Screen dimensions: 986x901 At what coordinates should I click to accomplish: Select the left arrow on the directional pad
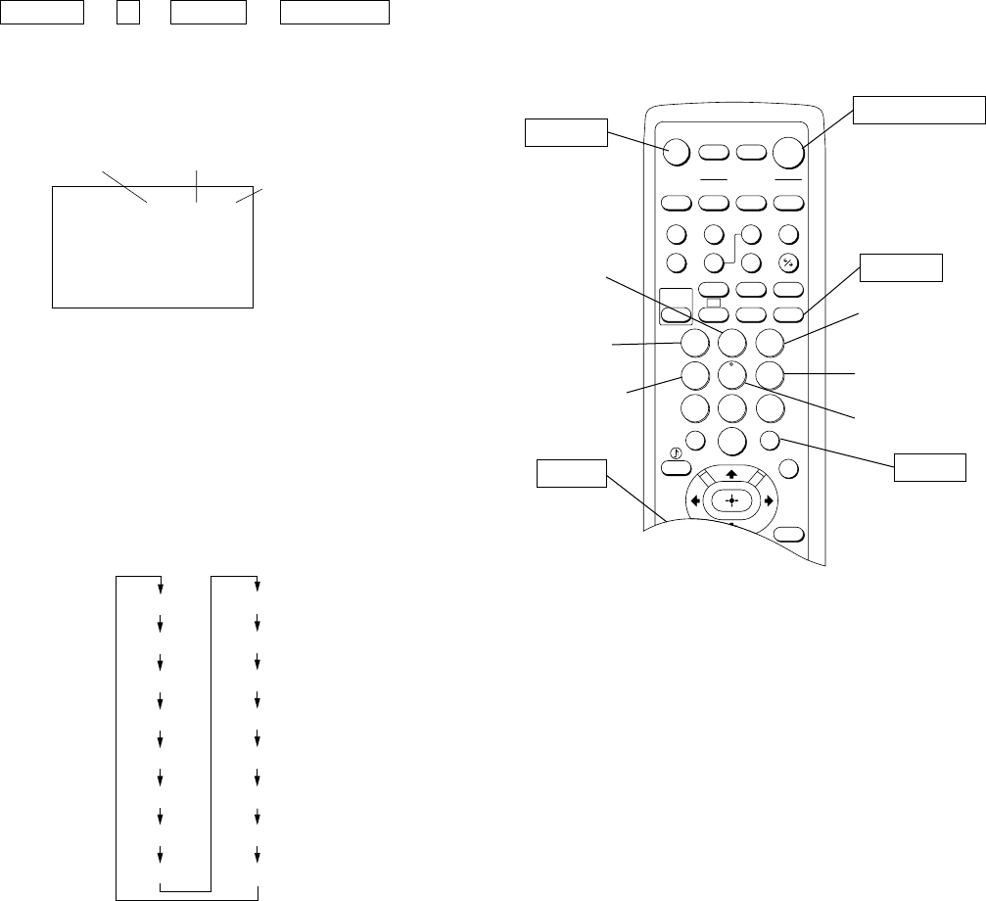[694, 500]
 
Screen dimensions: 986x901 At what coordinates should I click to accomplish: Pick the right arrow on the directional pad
[768, 500]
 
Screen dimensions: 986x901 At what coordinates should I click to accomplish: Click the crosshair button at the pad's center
[730, 500]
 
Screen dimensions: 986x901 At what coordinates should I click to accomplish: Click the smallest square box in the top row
[127, 14]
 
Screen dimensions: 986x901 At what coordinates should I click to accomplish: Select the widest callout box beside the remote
[917, 111]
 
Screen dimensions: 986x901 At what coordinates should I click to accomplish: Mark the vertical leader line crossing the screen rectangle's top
[197, 185]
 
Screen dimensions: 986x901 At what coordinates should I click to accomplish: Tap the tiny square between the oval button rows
[713, 302]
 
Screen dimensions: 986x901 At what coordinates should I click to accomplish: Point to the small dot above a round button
[730, 361]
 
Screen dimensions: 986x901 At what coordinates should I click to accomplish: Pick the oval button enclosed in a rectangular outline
[676, 314]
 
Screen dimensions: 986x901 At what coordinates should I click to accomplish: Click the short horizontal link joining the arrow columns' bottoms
[185, 889]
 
